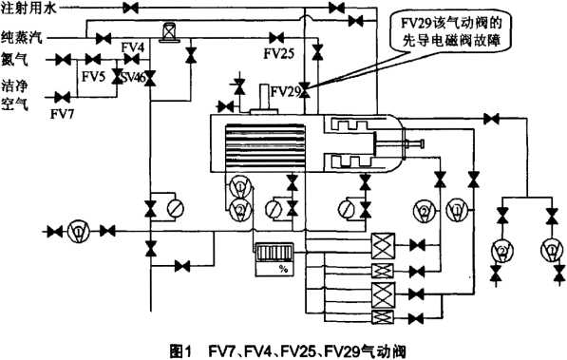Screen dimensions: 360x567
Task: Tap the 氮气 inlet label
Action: tap(15, 58)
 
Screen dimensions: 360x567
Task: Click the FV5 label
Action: tap(94, 75)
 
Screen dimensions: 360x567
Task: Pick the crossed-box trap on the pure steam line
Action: tap(170, 33)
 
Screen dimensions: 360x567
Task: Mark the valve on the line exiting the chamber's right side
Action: tap(488, 118)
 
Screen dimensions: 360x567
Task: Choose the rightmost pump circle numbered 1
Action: tap(548, 251)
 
